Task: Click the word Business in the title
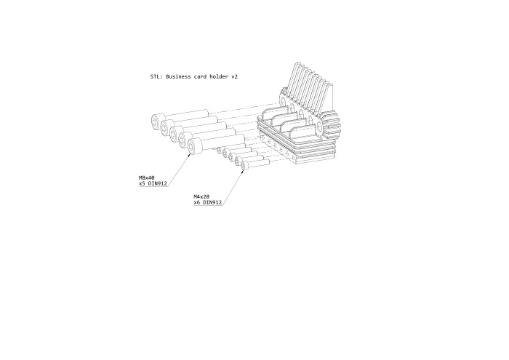point(178,76)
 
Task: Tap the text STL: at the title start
point(156,76)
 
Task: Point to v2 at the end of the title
point(234,76)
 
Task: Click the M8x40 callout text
point(147,178)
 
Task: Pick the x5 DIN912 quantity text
point(153,184)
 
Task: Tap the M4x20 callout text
point(201,196)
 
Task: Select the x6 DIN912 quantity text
point(208,203)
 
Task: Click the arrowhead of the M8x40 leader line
point(189,154)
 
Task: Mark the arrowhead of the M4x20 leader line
point(243,171)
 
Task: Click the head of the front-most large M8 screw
point(194,146)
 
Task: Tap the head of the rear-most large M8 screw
point(158,121)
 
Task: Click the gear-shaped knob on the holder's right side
point(330,124)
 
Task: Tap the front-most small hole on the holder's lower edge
point(294,159)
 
